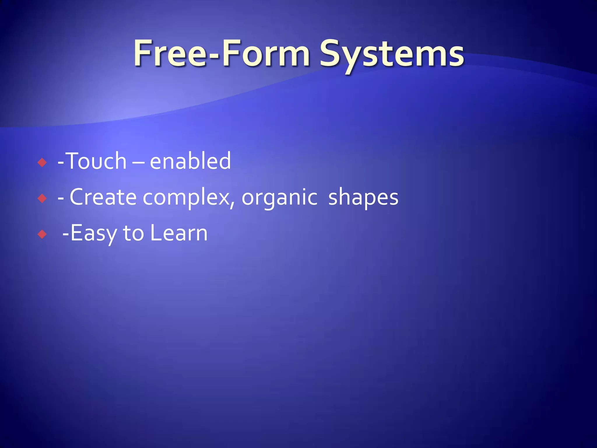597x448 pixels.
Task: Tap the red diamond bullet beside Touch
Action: click(x=42, y=162)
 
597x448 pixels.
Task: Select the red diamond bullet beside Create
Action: click(x=42, y=199)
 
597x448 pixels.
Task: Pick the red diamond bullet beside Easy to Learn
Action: click(x=42, y=234)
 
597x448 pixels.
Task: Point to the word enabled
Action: click(x=190, y=161)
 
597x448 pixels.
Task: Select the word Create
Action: click(x=103, y=197)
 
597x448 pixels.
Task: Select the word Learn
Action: click(x=178, y=233)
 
